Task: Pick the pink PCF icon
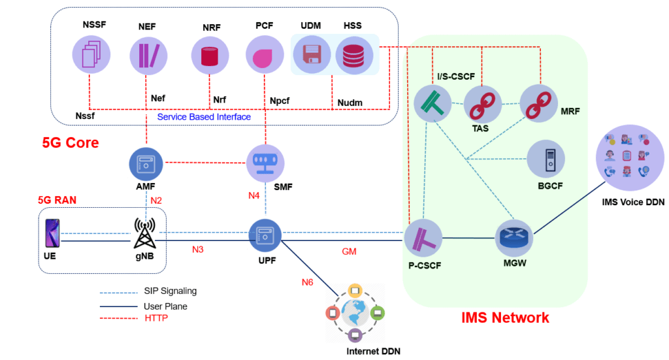tap(263, 54)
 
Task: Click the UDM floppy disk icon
tap(312, 54)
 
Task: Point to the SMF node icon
tap(265, 163)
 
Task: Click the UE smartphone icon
tap(52, 233)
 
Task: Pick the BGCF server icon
tap(546, 159)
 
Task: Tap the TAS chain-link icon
tap(481, 104)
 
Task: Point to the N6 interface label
tap(307, 282)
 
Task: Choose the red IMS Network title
tap(505, 318)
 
